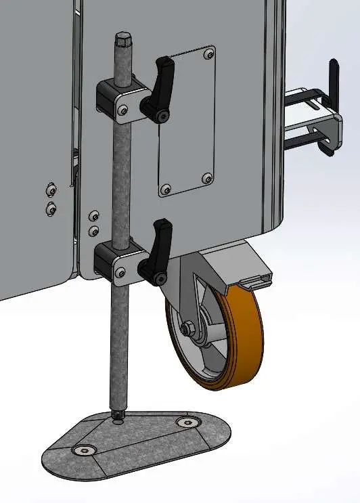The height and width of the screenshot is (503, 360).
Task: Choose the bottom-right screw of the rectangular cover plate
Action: tap(207, 179)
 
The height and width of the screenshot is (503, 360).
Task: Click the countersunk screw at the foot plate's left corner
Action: tap(85, 450)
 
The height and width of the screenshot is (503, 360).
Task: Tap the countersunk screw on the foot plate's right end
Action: tap(187, 422)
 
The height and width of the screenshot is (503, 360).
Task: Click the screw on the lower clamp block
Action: tap(121, 272)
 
